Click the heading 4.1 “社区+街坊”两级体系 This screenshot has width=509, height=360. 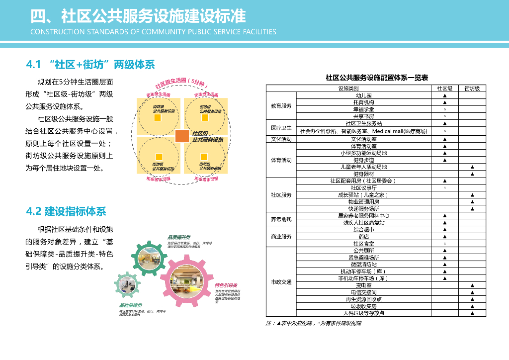pyautogui.click(x=90, y=65)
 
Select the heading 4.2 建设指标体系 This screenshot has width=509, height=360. pyautogui.click(x=66, y=211)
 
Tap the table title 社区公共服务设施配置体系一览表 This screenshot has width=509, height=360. pyautogui.click(x=377, y=78)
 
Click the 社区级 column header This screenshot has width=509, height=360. pyautogui.click(x=444, y=89)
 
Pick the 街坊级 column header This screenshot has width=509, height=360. pyautogui.click(x=472, y=89)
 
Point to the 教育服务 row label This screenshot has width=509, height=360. pyautogui.click(x=281, y=106)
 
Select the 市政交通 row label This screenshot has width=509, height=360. pyautogui.click(x=281, y=282)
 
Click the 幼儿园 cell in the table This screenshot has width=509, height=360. pyautogui.click(x=363, y=95)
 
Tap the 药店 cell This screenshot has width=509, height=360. pyautogui.click(x=363, y=237)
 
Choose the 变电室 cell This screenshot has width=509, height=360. pyautogui.click(x=363, y=285)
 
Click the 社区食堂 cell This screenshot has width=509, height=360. pyautogui.click(x=363, y=244)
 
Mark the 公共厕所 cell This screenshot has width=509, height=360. pyautogui.click(x=363, y=251)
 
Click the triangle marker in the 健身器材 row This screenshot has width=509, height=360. pyautogui.click(x=472, y=174)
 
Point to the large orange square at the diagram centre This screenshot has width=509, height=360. pyautogui.click(x=182, y=136)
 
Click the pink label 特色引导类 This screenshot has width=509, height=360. pyautogui.click(x=226, y=285)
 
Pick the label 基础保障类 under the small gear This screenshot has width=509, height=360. pyautogui.click(x=130, y=305)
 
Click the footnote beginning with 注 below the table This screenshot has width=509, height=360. pyautogui.click(x=314, y=323)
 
